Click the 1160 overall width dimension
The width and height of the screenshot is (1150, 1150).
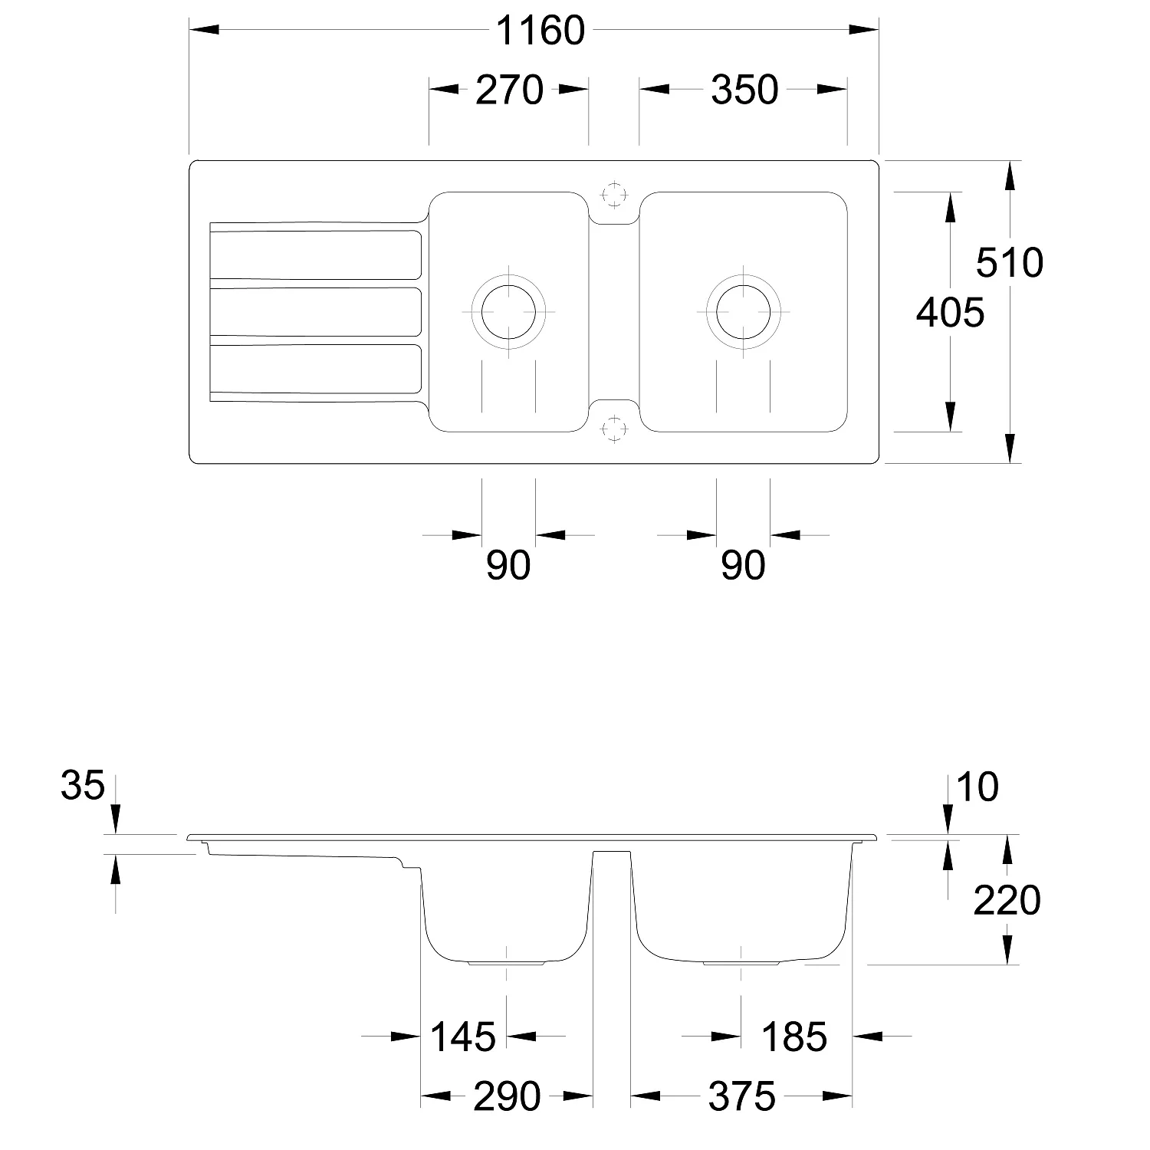click(x=540, y=31)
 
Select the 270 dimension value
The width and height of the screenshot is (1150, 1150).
click(x=510, y=90)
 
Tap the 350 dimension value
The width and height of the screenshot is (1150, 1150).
click(x=744, y=90)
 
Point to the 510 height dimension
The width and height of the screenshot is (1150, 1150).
click(x=1009, y=263)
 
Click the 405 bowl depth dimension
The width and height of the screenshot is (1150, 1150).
click(x=950, y=313)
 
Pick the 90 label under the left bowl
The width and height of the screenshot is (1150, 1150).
click(x=508, y=566)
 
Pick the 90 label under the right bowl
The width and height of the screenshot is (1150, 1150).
click(x=743, y=566)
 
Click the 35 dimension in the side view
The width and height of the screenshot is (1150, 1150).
click(x=82, y=786)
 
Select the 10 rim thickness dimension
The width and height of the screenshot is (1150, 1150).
click(x=978, y=787)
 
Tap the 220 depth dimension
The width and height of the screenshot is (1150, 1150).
click(x=1007, y=901)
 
